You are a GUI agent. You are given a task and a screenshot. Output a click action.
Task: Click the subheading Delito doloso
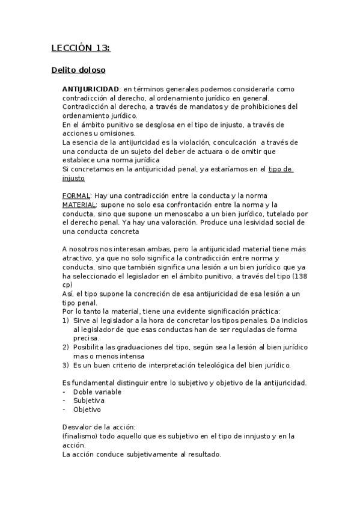click(78, 70)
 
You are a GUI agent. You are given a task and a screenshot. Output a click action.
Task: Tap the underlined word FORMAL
click(76, 196)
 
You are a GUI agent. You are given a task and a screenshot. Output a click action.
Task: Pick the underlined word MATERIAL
click(79, 205)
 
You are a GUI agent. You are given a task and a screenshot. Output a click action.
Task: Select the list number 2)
click(66, 348)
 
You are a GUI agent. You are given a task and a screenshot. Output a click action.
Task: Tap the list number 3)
click(66, 365)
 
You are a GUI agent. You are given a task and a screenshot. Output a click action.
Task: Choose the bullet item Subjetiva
click(89, 401)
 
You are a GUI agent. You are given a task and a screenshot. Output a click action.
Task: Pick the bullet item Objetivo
click(88, 410)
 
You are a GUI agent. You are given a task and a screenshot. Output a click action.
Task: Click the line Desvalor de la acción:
click(99, 427)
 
